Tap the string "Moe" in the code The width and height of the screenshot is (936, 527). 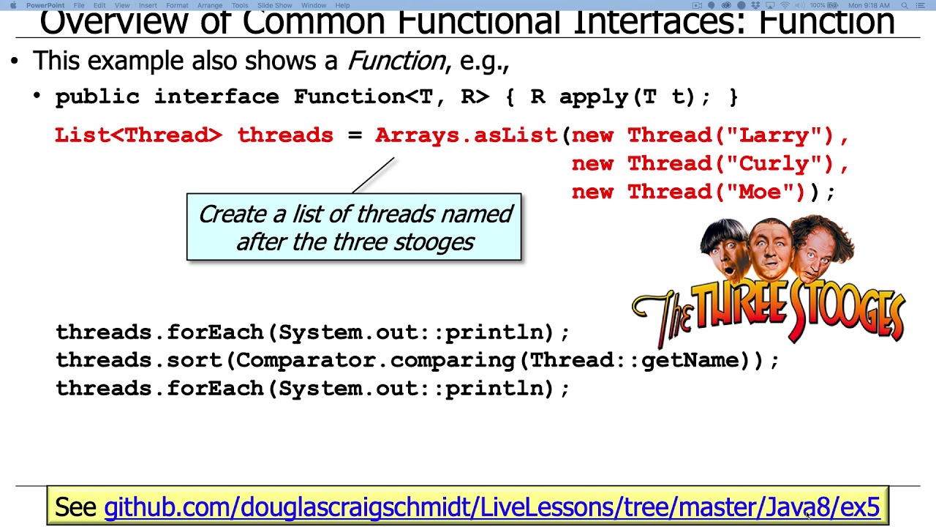(x=760, y=192)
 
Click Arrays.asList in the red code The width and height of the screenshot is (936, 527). (x=466, y=135)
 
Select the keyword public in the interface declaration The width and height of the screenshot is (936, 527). (x=97, y=97)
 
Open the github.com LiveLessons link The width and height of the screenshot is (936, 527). (x=491, y=507)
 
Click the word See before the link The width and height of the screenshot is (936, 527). (x=75, y=507)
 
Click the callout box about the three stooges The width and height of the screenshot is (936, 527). (x=354, y=228)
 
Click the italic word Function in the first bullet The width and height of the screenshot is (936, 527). (x=396, y=61)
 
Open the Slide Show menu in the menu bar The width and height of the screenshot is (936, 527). (x=274, y=5)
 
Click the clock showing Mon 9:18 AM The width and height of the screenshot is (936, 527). (x=869, y=5)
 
